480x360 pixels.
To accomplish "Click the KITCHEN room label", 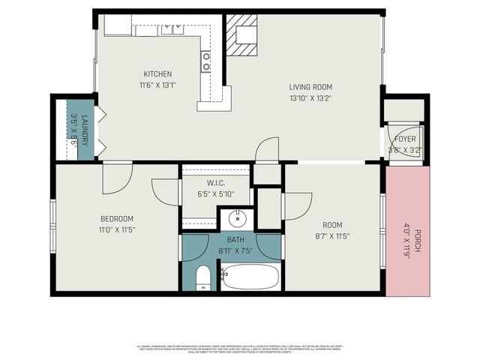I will pyautogui.click(x=158, y=74).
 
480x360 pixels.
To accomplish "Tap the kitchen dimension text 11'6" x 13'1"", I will pyautogui.click(x=158, y=85).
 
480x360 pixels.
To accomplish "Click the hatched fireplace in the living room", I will pyautogui.click(x=242, y=36).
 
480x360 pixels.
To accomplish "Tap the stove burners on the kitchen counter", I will pyautogui.click(x=205, y=62).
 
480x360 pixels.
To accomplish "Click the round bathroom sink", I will pyautogui.click(x=237, y=220).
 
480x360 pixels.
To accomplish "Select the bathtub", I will pyautogui.click(x=250, y=277).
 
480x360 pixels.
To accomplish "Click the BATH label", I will pyautogui.click(x=235, y=240).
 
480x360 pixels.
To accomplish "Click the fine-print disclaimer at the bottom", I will pyautogui.click(x=240, y=349).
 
